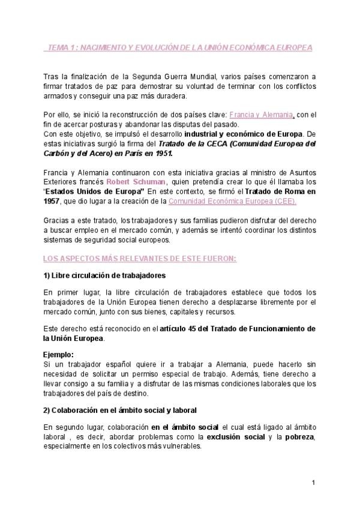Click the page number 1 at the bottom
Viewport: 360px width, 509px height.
313,483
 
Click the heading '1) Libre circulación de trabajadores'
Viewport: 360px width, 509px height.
104,275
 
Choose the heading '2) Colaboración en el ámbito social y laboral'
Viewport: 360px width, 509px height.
120,410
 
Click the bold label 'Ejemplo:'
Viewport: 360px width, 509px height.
61,354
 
